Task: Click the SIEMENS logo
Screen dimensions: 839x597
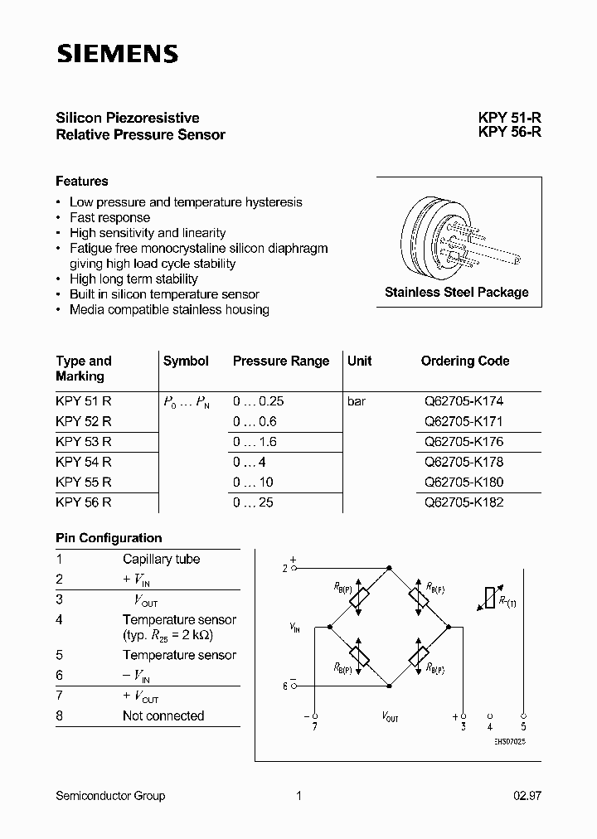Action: [117, 54]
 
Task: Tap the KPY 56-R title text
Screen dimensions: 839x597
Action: [509, 133]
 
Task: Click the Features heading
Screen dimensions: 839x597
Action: [82, 181]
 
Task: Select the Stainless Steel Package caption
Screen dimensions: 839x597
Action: [457, 292]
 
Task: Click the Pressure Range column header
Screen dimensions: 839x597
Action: [281, 361]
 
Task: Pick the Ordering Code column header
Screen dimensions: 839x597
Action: [465, 361]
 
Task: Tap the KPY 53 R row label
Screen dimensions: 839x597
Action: [84, 442]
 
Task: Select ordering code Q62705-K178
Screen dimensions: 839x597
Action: [464, 462]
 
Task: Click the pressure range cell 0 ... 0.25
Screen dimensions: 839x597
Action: [259, 401]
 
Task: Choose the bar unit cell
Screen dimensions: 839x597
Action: [357, 401]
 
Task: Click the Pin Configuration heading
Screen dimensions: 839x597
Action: [109, 538]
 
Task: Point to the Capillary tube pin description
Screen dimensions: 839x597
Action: [161, 559]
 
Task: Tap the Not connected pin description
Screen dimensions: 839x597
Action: [163, 715]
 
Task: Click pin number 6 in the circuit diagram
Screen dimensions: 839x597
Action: [284, 686]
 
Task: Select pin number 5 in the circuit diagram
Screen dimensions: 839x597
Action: [523, 725]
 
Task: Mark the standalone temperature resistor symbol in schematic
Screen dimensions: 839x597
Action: [490, 599]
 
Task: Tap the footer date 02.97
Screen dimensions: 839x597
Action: [527, 796]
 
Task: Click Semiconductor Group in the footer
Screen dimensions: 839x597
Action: [110, 796]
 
